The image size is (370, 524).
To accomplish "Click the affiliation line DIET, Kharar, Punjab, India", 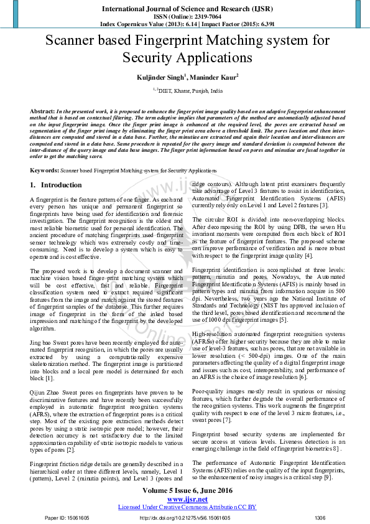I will tap(187, 91).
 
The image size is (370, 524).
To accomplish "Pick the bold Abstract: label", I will tap(42, 111).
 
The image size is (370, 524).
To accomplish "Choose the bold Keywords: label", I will tap(44, 170).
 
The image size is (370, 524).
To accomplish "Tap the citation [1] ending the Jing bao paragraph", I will tap(50, 378).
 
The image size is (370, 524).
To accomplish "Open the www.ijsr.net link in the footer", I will tap(185, 498).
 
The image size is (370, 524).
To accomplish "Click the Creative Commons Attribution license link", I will tap(185, 507).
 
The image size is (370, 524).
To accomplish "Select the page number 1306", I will tap(320, 518).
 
